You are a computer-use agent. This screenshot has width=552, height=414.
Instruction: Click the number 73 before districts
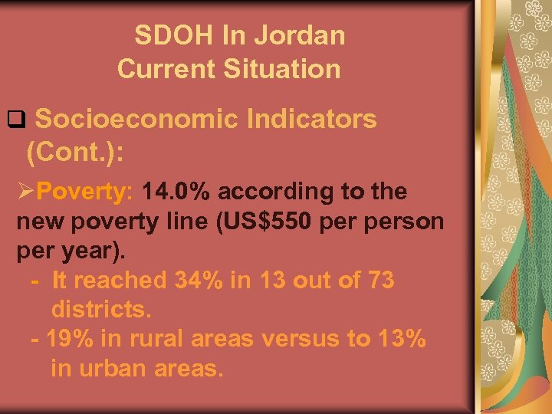click(379, 281)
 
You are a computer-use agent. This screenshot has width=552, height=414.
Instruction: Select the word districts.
click(101, 310)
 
